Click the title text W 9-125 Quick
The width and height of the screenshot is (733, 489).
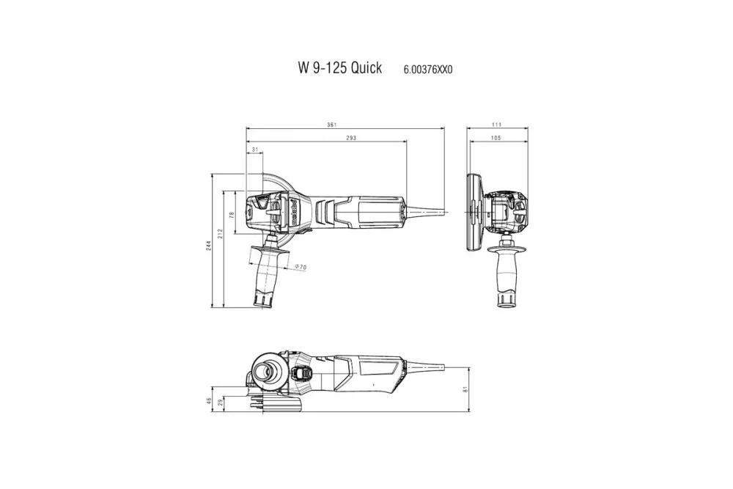(339, 68)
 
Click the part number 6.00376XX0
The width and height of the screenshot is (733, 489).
(428, 70)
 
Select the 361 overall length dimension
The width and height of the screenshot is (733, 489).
(332, 125)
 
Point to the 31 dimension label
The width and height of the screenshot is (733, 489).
(254, 150)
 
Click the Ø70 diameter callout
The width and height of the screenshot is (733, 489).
(300, 268)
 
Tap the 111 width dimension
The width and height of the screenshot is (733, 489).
(498, 125)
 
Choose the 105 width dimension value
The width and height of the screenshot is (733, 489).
(496, 139)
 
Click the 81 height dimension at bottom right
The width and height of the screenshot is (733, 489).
(465, 390)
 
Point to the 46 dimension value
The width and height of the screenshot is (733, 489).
(209, 400)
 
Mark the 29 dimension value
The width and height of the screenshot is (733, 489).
(220, 404)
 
